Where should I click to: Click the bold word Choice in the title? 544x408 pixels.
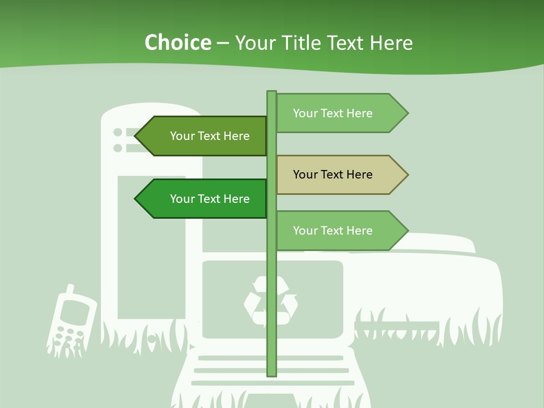tap(177, 43)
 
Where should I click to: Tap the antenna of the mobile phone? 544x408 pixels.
tap(70, 290)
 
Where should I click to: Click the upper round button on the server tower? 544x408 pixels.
tap(118, 133)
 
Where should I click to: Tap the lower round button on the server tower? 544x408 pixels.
tap(118, 148)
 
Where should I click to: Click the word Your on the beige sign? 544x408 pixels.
tap(305, 175)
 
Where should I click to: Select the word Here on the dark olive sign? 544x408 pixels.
tap(236, 136)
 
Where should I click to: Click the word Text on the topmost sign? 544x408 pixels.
tap(333, 113)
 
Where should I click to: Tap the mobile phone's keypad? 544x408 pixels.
tap(66, 335)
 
